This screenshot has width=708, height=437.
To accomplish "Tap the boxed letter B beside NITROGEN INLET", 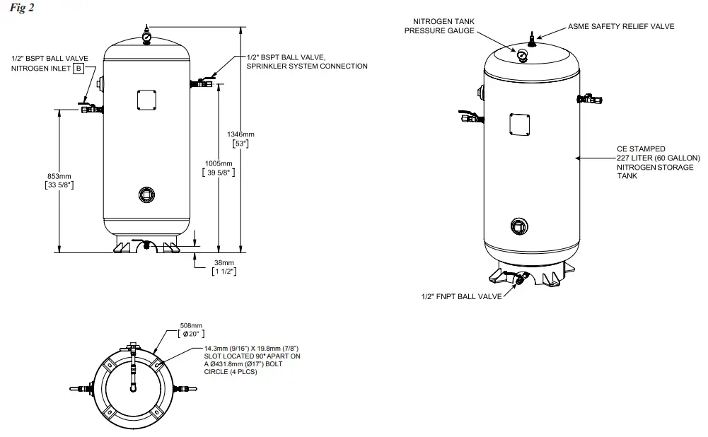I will (x=79, y=68).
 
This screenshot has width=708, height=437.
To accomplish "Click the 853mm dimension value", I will (x=59, y=176).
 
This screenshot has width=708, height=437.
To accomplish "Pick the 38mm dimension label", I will (x=224, y=262).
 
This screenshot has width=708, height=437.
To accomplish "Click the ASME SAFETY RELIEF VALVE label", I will (x=620, y=26).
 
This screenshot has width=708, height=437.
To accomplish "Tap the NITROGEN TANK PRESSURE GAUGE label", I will (x=439, y=26).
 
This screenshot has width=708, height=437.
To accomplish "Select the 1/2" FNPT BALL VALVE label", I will (x=461, y=297).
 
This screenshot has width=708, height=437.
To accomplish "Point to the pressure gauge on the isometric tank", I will (x=522, y=55).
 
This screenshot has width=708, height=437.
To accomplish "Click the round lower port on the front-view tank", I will (x=146, y=194).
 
